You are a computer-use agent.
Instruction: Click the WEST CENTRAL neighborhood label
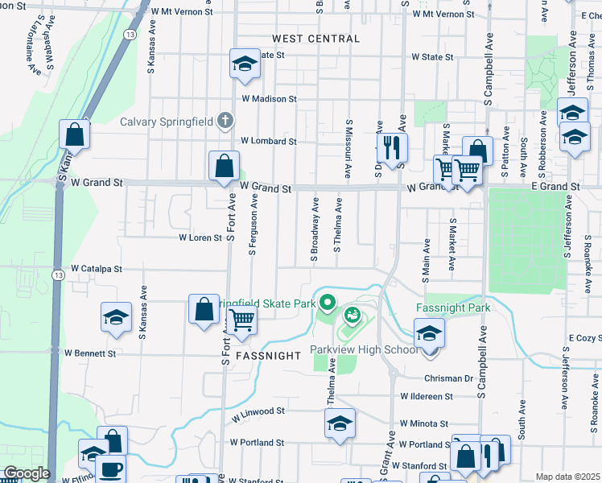click(x=315, y=39)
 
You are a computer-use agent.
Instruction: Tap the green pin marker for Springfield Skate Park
click(x=327, y=303)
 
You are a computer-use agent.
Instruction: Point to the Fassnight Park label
click(x=452, y=308)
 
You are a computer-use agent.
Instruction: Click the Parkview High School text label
click(x=365, y=350)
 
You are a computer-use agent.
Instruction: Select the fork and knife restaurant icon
click(x=392, y=147)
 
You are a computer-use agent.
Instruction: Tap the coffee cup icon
click(x=110, y=469)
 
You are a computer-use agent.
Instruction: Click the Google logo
click(x=26, y=473)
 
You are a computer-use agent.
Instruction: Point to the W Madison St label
click(x=270, y=99)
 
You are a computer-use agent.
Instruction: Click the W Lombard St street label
click(x=269, y=141)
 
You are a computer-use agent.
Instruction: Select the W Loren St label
click(x=200, y=238)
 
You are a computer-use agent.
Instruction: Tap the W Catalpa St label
click(x=97, y=268)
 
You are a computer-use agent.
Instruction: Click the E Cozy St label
click(x=584, y=337)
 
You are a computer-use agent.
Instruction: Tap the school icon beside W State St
click(x=244, y=64)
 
